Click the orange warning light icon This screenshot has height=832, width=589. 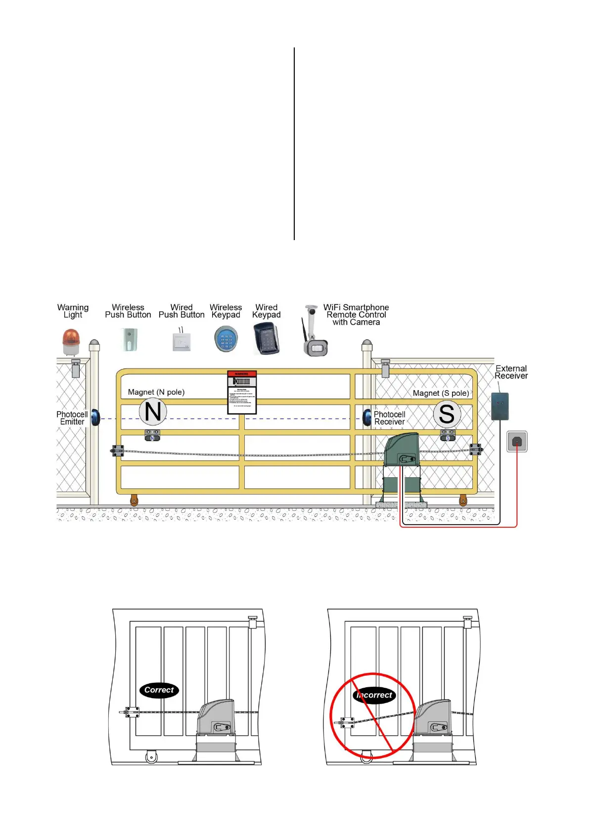pos(71,341)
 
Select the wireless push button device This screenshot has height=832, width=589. pos(129,339)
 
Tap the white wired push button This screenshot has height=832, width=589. pos(181,341)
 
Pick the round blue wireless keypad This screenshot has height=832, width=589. pos(226,340)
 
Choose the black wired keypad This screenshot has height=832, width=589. pos(266,338)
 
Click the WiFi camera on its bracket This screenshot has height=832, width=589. pos(314,333)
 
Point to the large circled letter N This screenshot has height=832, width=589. pos(153,412)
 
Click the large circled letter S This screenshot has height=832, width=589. pos(447,414)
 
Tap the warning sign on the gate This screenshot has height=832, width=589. pos(242,392)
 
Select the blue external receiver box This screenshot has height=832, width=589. pos(499,406)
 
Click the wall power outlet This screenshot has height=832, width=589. pos(517,441)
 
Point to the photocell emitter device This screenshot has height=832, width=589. pos(95,418)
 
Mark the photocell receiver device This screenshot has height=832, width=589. pos(367,417)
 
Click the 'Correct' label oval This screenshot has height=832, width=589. pos(159,690)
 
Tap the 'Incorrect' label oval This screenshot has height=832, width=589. pos(374,695)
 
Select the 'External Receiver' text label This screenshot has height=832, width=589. pos(511,372)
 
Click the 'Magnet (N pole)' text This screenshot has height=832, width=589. pos(156,392)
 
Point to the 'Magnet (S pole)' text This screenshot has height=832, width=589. pos(441,393)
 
